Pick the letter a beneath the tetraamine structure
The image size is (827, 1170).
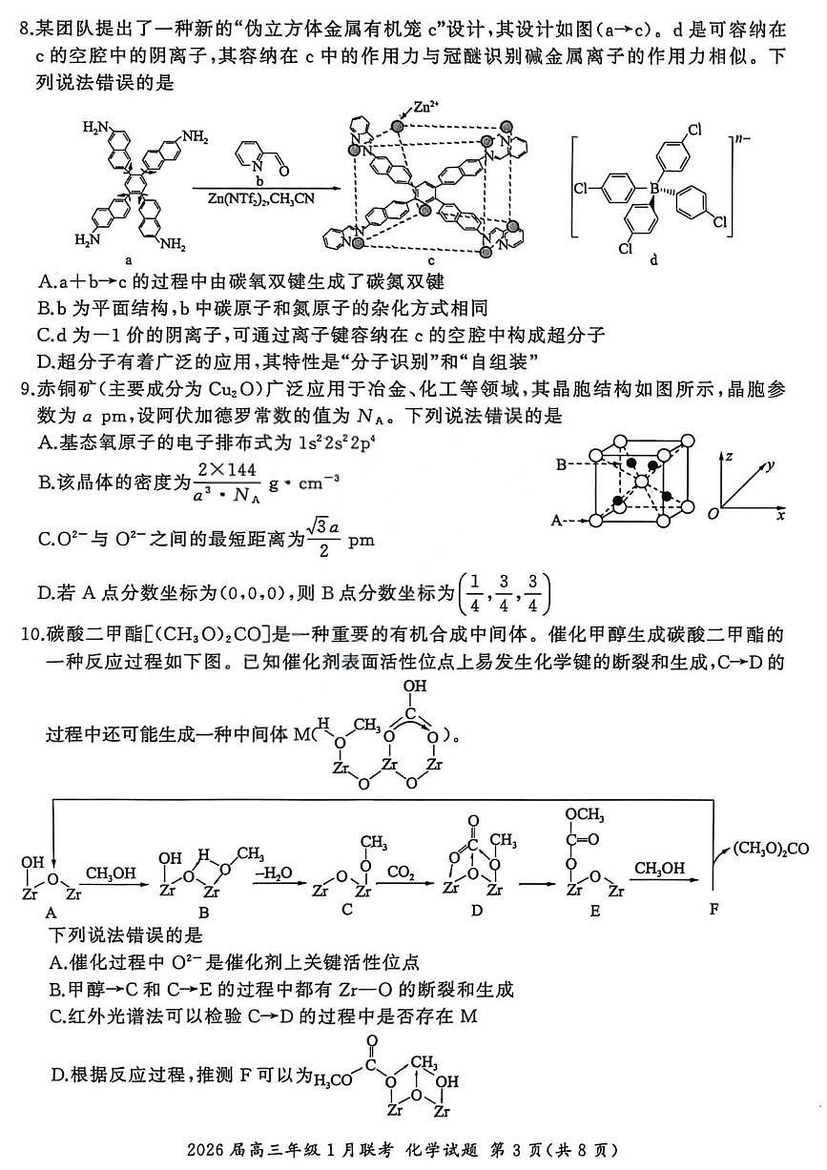click(x=128, y=258)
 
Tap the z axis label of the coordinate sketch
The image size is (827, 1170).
click(x=727, y=457)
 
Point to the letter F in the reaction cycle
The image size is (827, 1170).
click(x=713, y=908)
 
